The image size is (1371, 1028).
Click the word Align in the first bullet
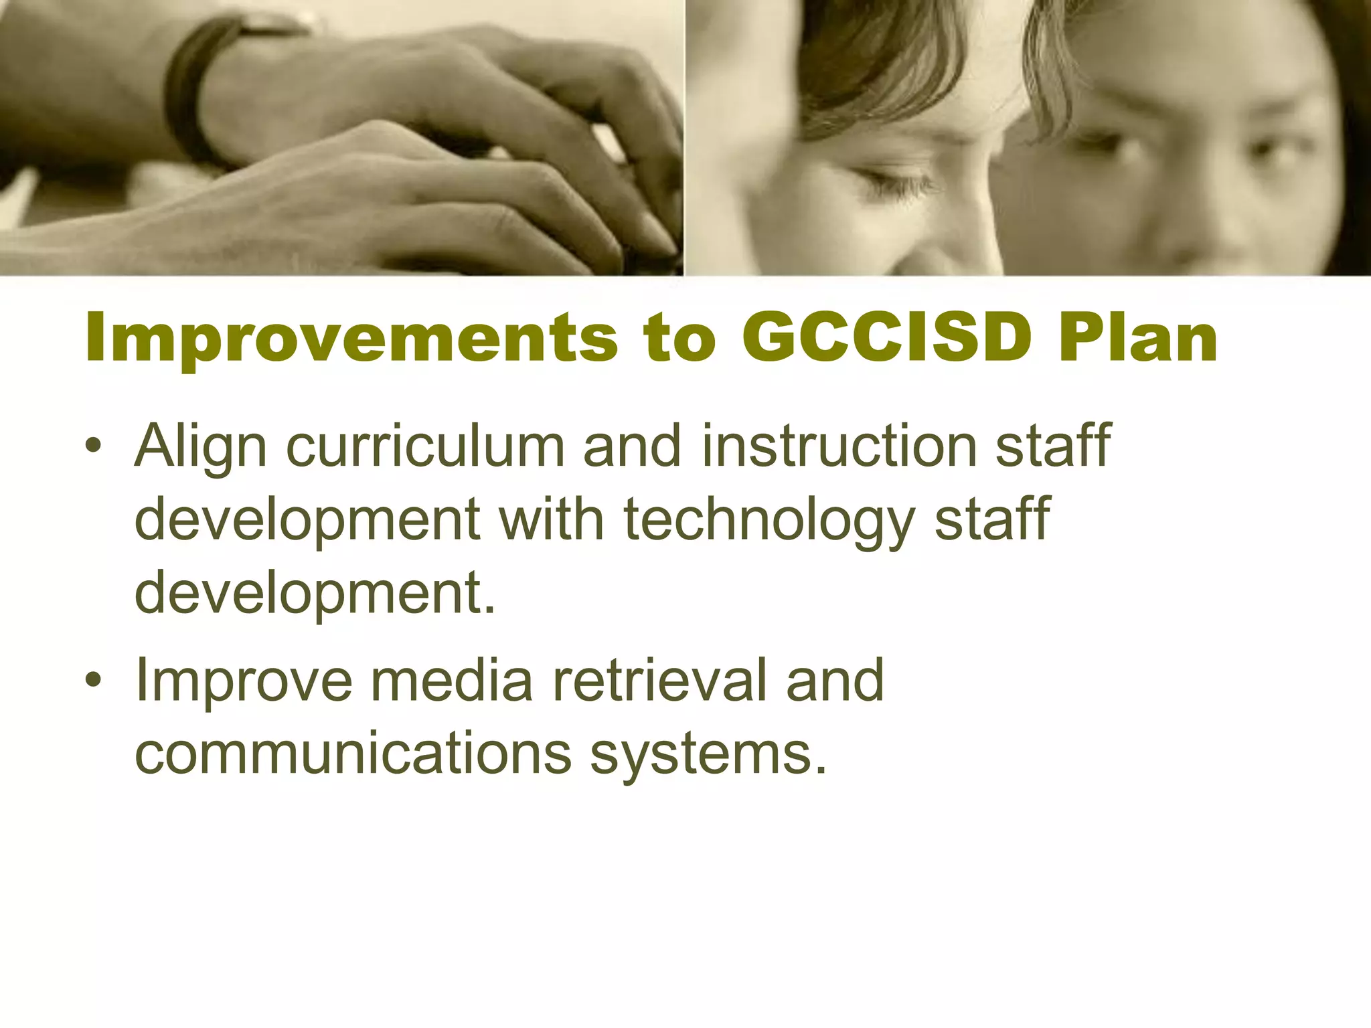[201, 447]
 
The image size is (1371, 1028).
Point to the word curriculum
[426, 446]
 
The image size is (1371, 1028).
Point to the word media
[452, 680]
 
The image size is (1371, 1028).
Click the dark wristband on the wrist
[191, 87]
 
